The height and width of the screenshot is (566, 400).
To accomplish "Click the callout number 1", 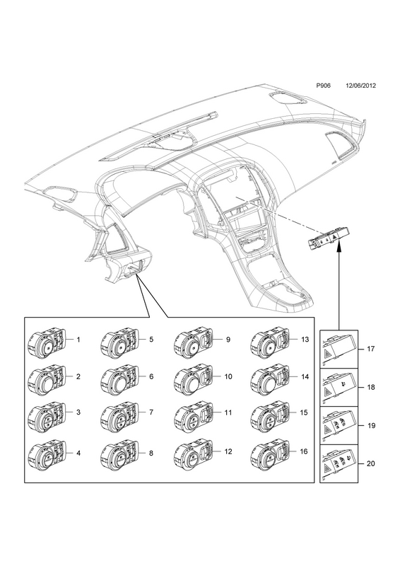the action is click(78, 340).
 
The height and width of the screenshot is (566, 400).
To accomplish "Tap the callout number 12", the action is click(228, 451).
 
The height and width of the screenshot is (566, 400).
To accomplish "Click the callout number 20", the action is click(371, 463).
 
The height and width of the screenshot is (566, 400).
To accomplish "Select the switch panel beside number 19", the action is click(339, 425).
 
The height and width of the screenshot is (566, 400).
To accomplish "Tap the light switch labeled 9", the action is click(193, 343).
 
